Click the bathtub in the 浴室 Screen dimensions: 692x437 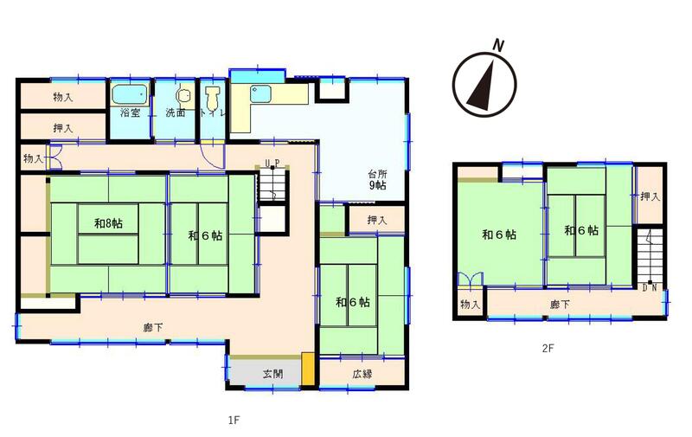129,94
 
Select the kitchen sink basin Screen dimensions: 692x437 261,93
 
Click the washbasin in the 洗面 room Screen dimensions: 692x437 183,95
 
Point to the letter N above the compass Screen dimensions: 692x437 498,46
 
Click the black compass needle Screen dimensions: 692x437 482,86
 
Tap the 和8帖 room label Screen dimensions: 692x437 108,223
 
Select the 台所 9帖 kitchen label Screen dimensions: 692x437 378,180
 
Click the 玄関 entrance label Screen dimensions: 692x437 272,374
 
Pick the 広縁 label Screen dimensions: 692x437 362,374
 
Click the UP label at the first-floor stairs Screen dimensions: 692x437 272,164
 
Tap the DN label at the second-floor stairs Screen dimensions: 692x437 650,288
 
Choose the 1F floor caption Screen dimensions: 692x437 234,420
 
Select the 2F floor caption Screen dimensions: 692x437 548,348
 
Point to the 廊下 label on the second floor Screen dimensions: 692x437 560,304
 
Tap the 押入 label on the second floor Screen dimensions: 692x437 650,196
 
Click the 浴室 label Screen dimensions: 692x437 131,112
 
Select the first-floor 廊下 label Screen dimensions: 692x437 153,327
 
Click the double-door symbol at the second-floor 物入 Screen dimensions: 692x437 470,280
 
